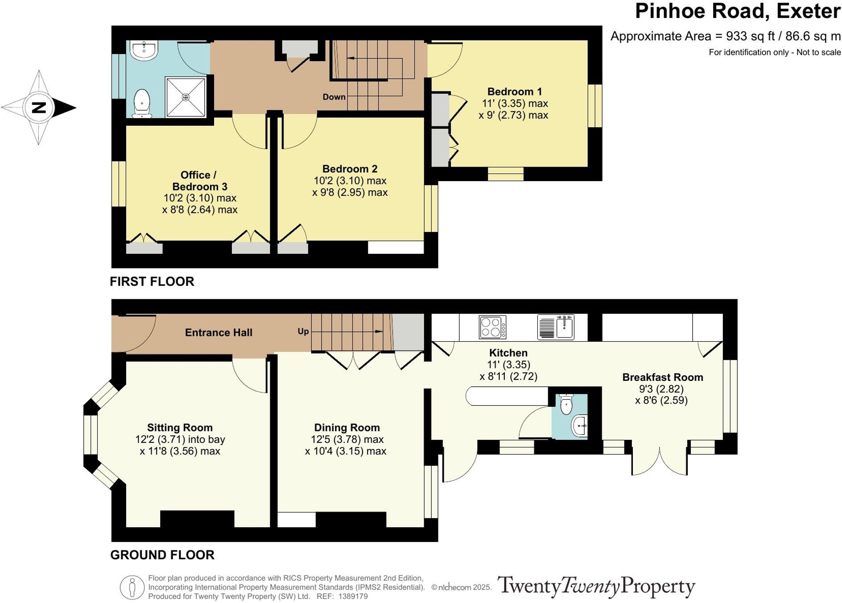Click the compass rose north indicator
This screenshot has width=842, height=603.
click(x=39, y=107)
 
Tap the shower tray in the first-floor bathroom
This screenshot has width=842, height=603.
click(x=186, y=97)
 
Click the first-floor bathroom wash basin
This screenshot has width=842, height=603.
click(x=144, y=50)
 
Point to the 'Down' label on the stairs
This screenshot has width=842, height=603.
click(x=334, y=97)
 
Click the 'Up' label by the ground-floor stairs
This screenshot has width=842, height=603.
click(x=303, y=331)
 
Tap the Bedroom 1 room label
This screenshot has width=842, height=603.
click(x=514, y=91)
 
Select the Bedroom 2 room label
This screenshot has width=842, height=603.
click(x=350, y=169)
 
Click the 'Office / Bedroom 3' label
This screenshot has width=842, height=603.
click(x=199, y=181)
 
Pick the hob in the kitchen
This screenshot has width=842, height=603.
click(x=492, y=327)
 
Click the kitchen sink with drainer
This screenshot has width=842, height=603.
click(x=556, y=327)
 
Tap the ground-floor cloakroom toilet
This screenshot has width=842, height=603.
click(x=566, y=404)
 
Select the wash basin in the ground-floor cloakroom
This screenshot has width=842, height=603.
click(x=579, y=425)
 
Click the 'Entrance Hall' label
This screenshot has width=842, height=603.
click(x=219, y=332)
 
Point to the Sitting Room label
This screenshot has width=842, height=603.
click(x=180, y=428)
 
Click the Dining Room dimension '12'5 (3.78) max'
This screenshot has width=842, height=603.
click(x=347, y=439)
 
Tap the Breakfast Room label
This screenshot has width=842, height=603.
click(x=663, y=377)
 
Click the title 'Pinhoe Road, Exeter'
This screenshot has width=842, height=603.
click(x=738, y=11)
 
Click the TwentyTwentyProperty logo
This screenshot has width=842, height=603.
click(x=596, y=586)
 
